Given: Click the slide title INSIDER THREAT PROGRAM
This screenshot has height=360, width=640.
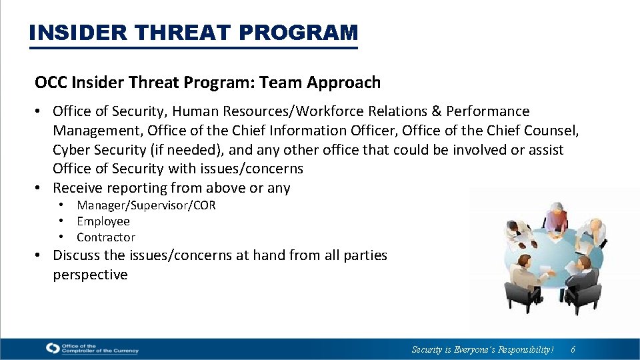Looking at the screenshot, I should (x=193, y=32).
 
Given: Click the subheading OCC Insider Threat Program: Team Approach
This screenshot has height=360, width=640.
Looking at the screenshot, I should (x=207, y=83).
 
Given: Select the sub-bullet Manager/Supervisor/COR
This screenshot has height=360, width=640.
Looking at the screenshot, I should (x=146, y=205).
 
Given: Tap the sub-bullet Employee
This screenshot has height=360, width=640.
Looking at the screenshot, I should (x=103, y=221).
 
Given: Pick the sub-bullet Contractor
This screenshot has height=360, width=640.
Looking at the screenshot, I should (x=106, y=237).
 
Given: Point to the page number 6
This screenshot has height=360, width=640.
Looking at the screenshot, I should (x=573, y=349).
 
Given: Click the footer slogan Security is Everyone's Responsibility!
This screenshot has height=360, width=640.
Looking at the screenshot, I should (x=483, y=349).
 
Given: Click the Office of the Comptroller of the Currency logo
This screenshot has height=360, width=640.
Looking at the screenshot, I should (x=91, y=348).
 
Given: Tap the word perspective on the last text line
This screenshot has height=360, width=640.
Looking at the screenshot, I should (x=90, y=275).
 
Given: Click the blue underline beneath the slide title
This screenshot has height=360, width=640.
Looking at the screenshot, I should (x=193, y=47).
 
